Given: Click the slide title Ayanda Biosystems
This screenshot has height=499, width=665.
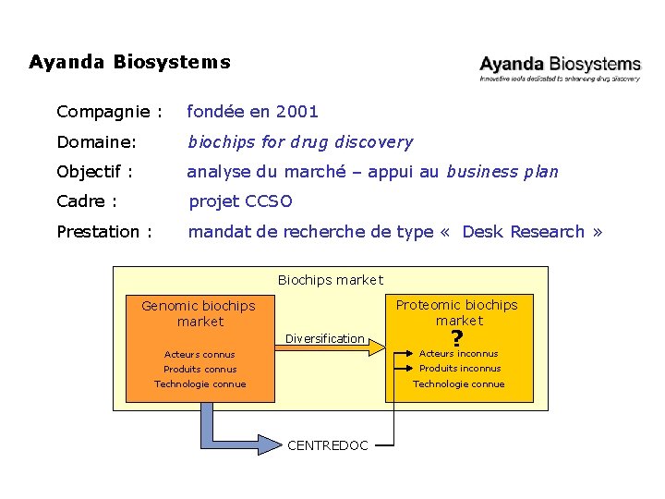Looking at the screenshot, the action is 129,63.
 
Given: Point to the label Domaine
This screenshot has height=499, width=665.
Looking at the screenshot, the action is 96,142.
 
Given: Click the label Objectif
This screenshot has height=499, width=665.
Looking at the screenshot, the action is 95,172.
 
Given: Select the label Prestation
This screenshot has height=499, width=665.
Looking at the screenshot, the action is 104,232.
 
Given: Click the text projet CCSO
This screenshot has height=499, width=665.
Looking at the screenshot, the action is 240,201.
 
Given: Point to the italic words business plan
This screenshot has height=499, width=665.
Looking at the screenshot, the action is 502,172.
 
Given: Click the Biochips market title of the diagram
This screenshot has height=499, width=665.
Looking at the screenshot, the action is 330,280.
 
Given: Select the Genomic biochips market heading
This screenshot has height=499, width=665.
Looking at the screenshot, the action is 199,313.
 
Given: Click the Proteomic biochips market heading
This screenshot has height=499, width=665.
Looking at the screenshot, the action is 457,312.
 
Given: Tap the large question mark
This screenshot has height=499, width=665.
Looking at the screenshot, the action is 456,339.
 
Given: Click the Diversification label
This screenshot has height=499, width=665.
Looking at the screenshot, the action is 324,339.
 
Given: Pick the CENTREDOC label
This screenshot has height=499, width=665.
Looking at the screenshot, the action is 328,445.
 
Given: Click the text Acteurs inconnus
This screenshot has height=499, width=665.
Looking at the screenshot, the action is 458,354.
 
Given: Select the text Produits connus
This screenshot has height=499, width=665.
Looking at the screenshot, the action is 200,370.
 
